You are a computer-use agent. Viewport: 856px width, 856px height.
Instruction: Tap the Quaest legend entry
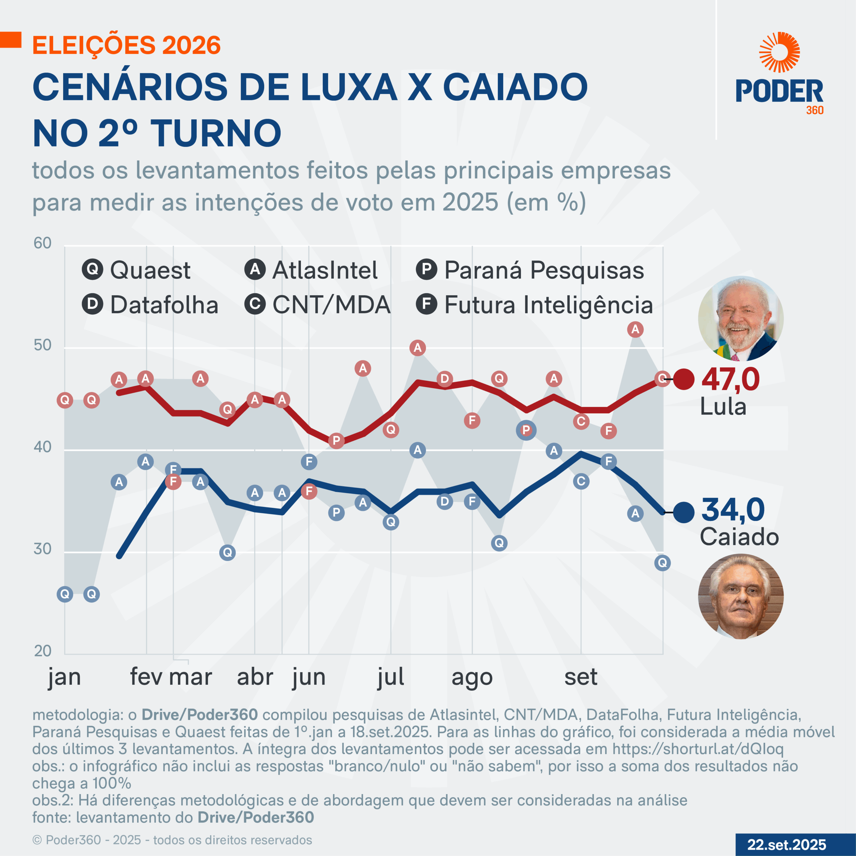click(x=136, y=270)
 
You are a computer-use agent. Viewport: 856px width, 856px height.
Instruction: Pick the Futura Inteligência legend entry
click(x=534, y=305)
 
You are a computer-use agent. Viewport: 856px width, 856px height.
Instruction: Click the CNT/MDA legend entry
click(x=317, y=305)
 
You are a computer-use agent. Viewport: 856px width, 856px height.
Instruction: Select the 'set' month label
click(x=580, y=676)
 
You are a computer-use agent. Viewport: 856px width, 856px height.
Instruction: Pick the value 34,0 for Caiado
click(x=733, y=510)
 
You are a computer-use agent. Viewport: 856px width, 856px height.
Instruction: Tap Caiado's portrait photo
click(x=740, y=597)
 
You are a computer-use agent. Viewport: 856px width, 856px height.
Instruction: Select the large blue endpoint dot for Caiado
click(x=684, y=513)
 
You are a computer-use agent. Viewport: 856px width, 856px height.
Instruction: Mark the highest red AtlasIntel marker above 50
click(x=635, y=329)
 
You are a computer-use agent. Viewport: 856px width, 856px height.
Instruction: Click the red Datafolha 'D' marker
click(x=444, y=379)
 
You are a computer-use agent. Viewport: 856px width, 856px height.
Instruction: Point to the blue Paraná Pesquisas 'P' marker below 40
click(x=336, y=513)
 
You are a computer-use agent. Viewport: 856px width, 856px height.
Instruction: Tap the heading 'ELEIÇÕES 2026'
click(x=127, y=45)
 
